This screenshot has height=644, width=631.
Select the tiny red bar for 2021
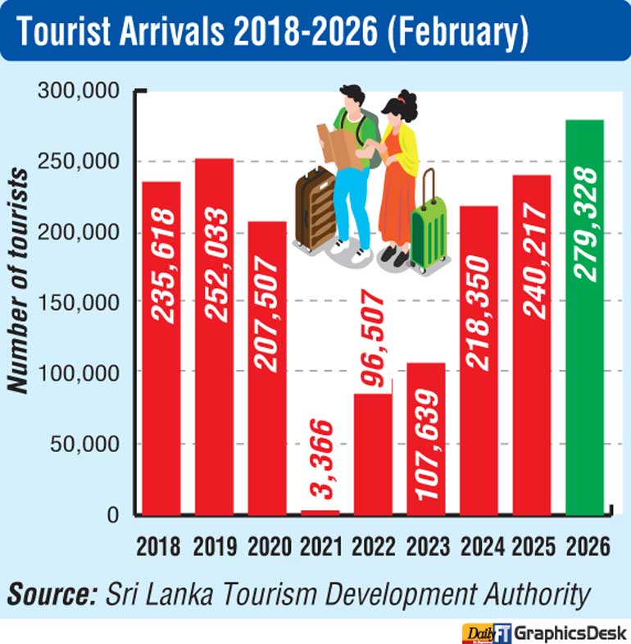pos(320,513)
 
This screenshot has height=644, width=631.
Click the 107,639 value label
pos(426,440)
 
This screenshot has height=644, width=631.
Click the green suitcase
pos(429,232)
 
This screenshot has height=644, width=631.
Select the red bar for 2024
pos(479,361)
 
